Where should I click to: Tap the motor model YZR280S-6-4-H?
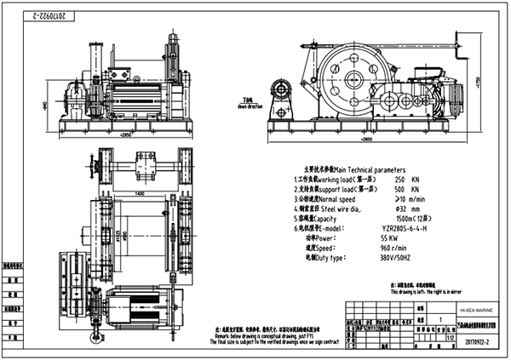click(x=408, y=229)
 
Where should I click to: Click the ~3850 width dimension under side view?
click(x=368, y=139)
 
